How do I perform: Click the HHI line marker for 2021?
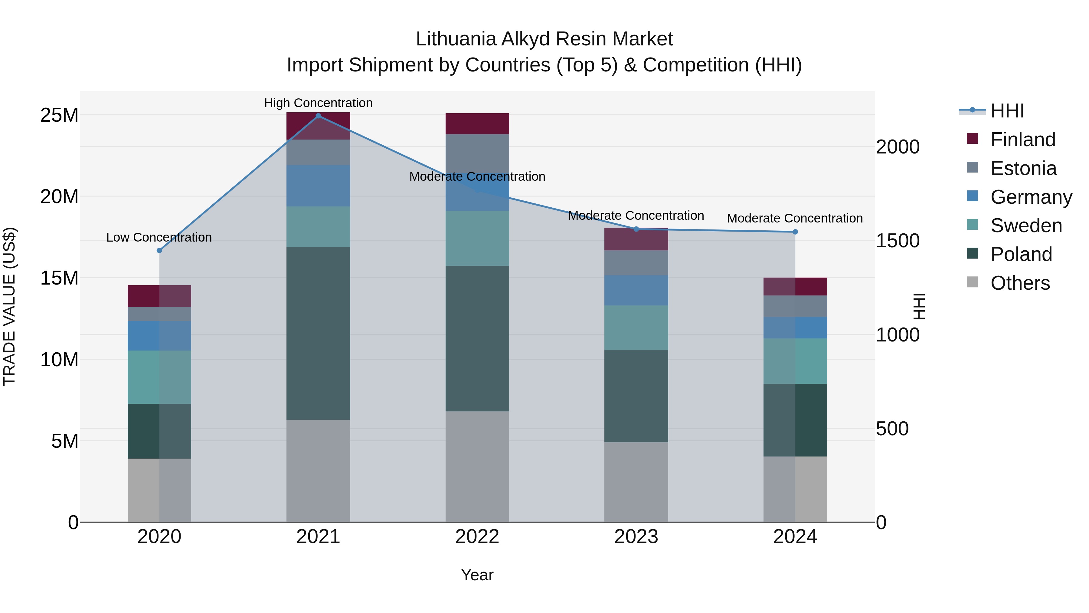318,116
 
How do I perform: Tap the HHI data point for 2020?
159,250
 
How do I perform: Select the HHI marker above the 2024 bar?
795,232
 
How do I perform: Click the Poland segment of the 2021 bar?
318,333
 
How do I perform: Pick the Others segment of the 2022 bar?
477,466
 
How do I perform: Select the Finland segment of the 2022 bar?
477,124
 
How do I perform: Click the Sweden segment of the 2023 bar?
636,328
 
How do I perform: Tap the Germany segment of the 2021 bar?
318,186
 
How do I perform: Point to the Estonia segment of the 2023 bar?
636,263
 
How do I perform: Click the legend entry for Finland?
1023,140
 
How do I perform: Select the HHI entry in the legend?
1007,111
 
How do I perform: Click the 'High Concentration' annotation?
318,103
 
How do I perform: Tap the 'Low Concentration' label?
159,237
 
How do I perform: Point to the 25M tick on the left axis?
59,115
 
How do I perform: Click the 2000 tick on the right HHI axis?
898,147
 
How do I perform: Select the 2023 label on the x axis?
636,537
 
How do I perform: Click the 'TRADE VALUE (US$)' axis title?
9,306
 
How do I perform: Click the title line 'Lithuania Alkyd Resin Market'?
544,39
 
